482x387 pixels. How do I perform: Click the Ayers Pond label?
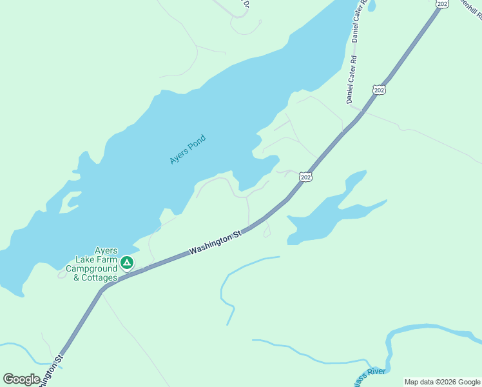click(x=188, y=148)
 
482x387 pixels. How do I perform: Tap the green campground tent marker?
click(x=128, y=263)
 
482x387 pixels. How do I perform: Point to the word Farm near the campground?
click(x=106, y=259)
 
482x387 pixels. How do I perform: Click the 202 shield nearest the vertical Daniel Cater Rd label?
click(x=380, y=90)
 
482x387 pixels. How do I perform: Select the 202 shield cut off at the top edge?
click(x=441, y=3)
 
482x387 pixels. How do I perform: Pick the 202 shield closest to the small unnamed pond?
click(x=306, y=177)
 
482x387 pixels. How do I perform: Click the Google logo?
click(x=21, y=379)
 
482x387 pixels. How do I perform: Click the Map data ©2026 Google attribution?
click(x=442, y=382)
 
